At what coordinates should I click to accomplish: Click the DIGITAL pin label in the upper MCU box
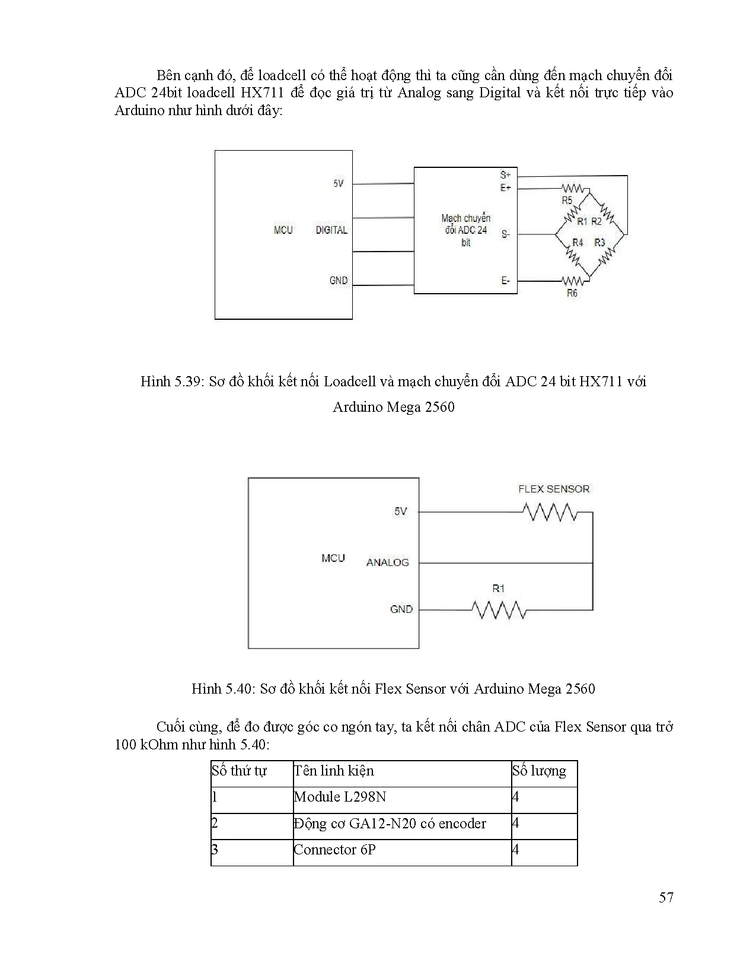click(x=331, y=230)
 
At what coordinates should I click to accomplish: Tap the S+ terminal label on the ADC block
click(x=505, y=175)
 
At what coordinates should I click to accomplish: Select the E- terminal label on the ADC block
click(x=505, y=281)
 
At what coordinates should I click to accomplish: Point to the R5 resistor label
click(x=567, y=201)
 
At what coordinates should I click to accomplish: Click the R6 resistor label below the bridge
click(x=572, y=293)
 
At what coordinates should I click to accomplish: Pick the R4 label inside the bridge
click(x=577, y=242)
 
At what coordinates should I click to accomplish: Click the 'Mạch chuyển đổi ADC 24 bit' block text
click(x=465, y=230)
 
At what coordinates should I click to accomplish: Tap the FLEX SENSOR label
click(x=554, y=489)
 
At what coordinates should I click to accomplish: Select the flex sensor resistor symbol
click(x=550, y=511)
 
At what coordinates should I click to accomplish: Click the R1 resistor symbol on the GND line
click(x=499, y=609)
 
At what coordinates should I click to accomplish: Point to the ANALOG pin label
click(x=387, y=562)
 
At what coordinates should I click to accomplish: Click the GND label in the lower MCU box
click(x=401, y=609)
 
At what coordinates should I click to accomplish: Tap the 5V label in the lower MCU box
click(x=401, y=511)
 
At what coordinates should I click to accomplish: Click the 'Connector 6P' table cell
click(x=335, y=849)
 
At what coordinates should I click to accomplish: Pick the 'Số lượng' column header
click(x=539, y=771)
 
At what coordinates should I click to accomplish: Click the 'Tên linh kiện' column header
click(x=334, y=771)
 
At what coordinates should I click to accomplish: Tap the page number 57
click(x=666, y=897)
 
